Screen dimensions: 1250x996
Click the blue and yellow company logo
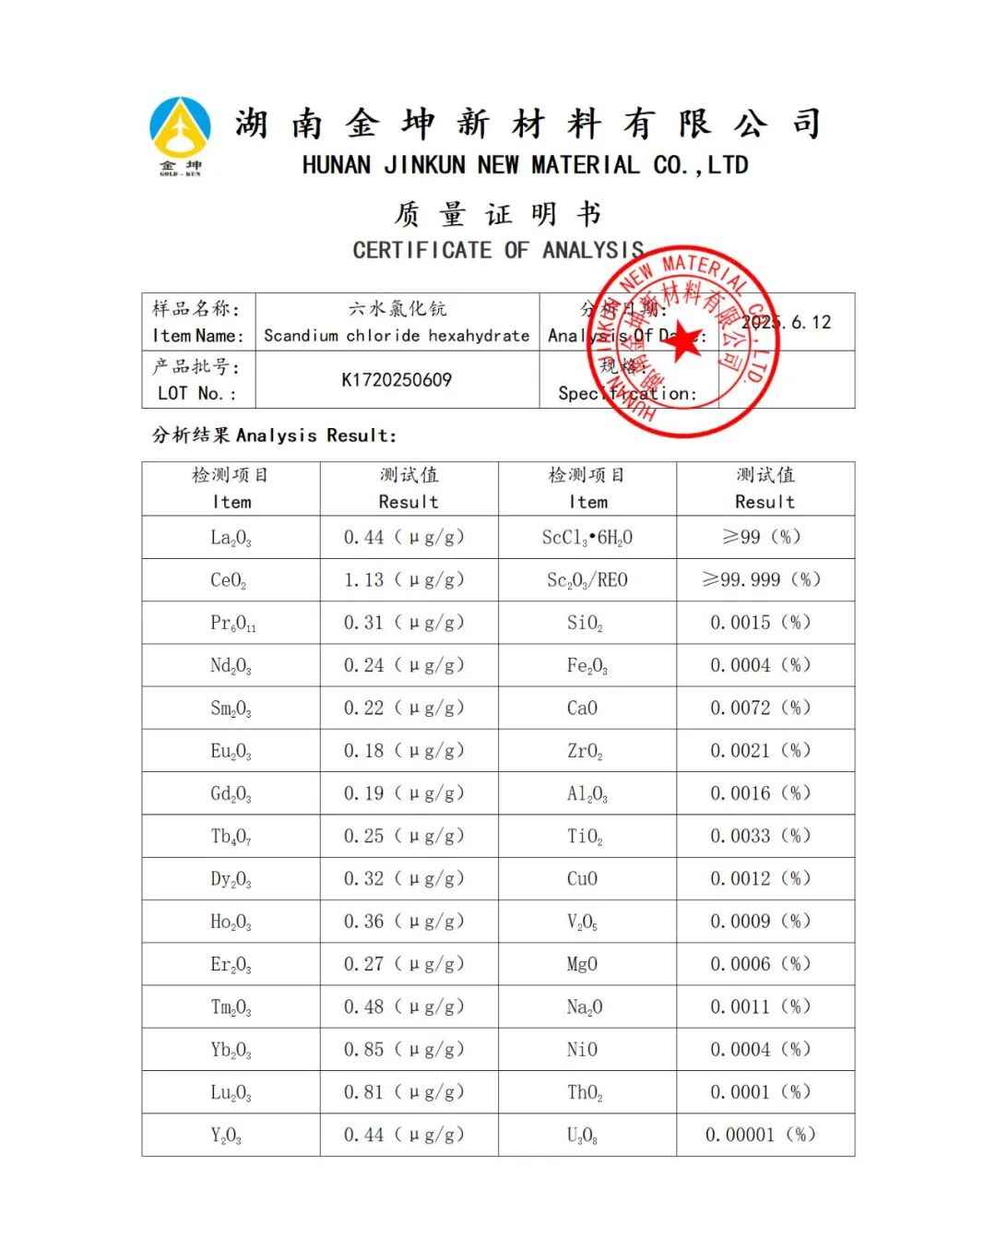(x=180, y=135)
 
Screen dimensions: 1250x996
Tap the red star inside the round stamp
(x=682, y=343)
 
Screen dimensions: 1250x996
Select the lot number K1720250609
(x=397, y=380)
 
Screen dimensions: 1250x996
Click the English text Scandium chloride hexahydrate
(x=397, y=336)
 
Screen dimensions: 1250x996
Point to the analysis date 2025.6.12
(x=786, y=323)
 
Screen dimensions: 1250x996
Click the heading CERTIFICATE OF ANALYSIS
(x=498, y=250)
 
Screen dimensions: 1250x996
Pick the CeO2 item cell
(x=229, y=580)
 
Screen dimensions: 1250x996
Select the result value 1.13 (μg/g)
(x=404, y=580)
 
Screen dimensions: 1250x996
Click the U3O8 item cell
(x=583, y=1136)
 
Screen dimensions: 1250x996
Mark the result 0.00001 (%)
(x=761, y=1136)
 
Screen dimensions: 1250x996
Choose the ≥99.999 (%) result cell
(x=761, y=580)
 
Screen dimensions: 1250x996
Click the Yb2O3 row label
(x=231, y=1050)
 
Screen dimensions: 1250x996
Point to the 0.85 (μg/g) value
(x=404, y=1050)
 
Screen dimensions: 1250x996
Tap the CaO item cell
(x=582, y=708)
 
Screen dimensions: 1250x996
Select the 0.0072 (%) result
(x=761, y=708)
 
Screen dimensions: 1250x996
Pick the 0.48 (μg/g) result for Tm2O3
(x=404, y=1007)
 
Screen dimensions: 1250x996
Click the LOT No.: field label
(x=196, y=394)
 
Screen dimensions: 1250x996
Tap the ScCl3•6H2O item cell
(x=587, y=538)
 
